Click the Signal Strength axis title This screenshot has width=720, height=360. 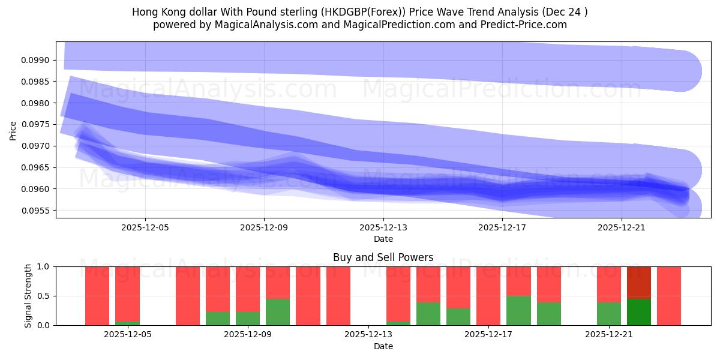pyautogui.click(x=28, y=296)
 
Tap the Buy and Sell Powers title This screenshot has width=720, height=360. pyautogui.click(x=383, y=257)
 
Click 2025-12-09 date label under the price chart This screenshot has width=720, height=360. pyautogui.click(x=264, y=228)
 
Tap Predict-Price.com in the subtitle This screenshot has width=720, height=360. pyautogui.click(x=522, y=25)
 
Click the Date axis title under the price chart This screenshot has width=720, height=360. pyautogui.click(x=383, y=239)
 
